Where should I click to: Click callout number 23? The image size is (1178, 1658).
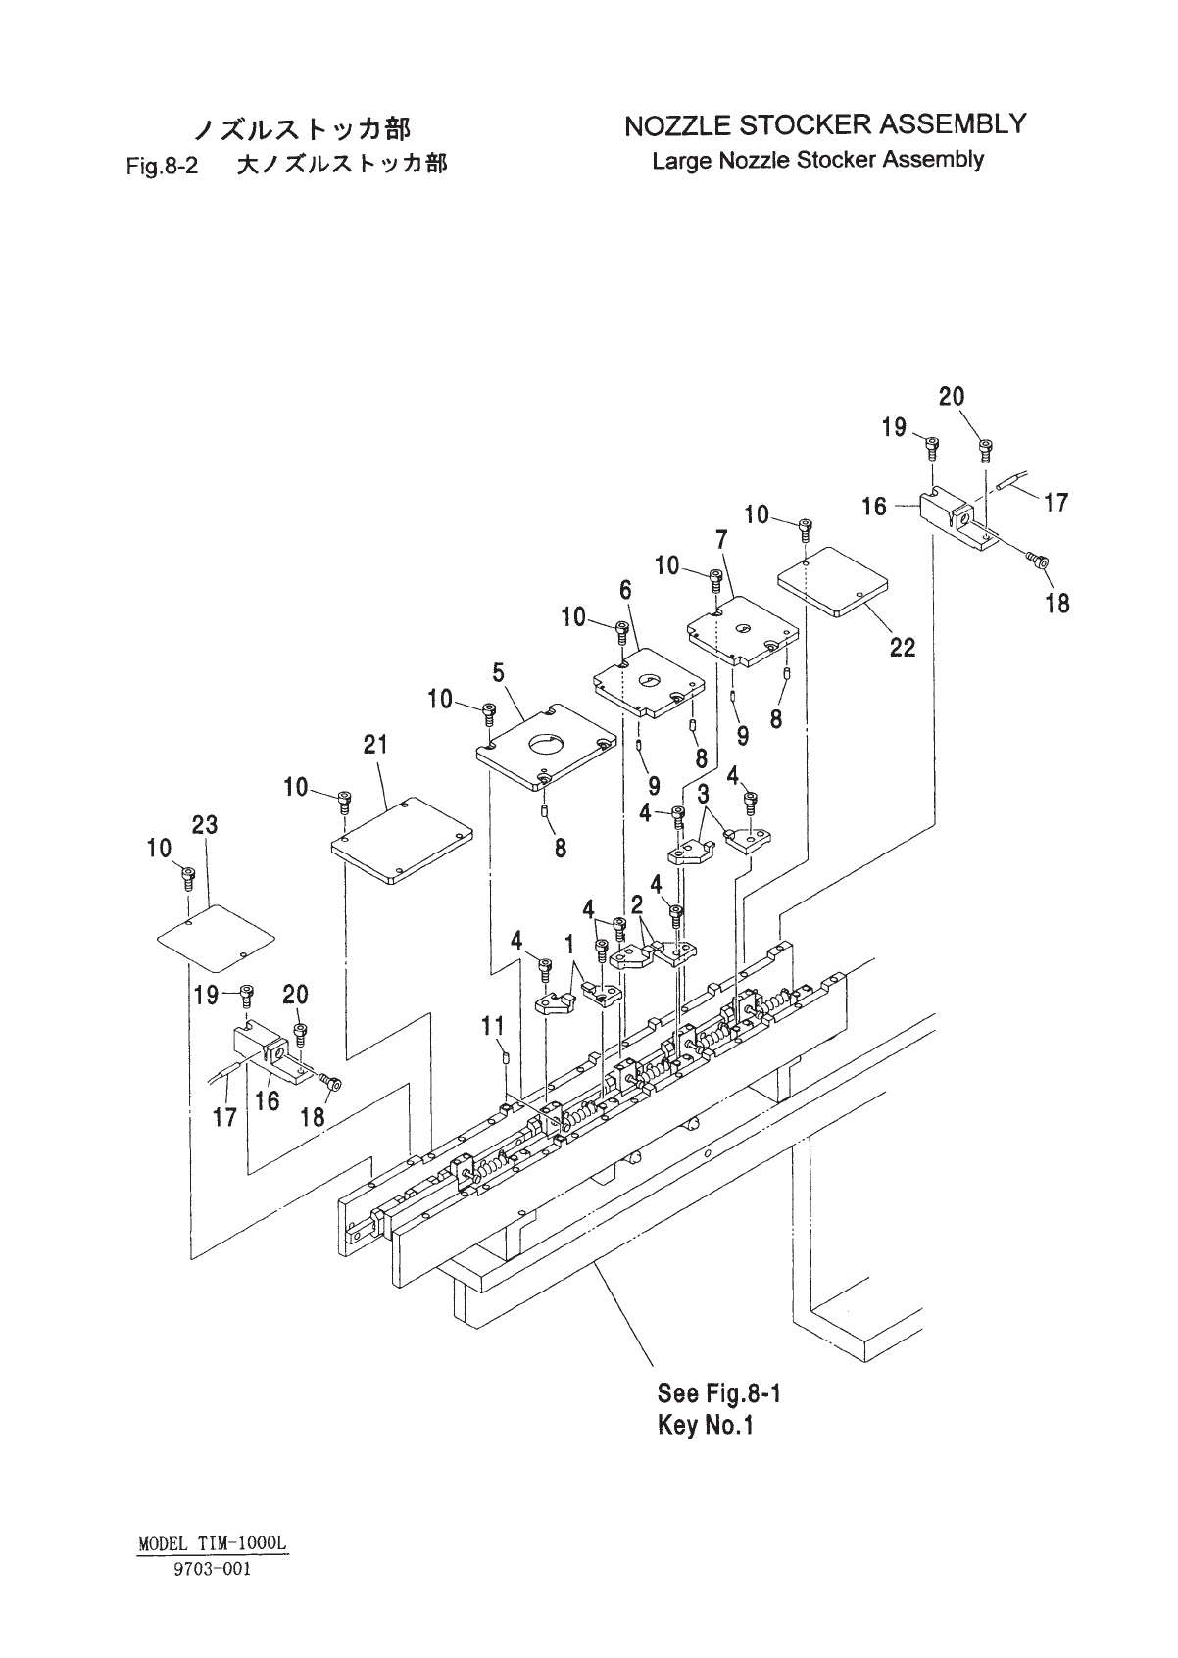[205, 826]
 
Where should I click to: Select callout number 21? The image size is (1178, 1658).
[375, 746]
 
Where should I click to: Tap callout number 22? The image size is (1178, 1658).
[902, 647]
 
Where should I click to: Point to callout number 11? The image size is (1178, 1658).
[492, 1026]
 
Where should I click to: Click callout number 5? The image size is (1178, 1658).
[499, 673]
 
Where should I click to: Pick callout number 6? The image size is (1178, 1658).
[625, 590]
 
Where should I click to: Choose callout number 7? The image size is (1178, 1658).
[721, 539]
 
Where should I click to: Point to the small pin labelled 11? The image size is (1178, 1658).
[506, 1056]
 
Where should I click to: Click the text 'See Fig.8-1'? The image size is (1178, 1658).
[719, 1393]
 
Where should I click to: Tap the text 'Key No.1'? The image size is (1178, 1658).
[705, 1425]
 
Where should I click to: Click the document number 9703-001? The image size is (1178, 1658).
[213, 1569]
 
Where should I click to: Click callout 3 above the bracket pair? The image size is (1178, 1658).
[704, 794]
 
